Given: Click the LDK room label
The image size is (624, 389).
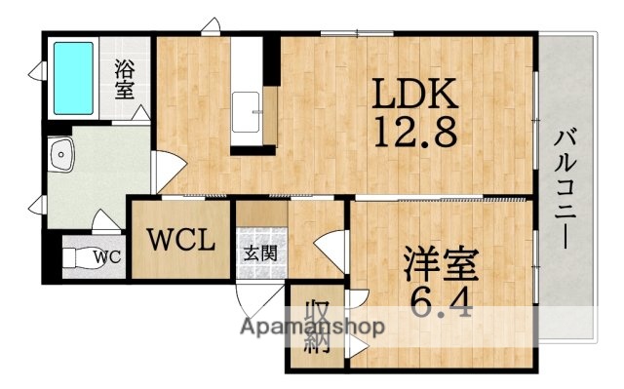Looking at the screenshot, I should pos(411,95).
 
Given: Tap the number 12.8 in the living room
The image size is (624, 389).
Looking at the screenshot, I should pos(411,131).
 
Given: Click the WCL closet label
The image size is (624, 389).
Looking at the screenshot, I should pos(180,239).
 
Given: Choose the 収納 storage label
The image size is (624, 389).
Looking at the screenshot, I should pos(315,327).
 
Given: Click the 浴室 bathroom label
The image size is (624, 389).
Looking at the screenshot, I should pos(125,80).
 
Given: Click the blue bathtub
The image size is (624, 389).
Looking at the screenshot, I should pos(72,75).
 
